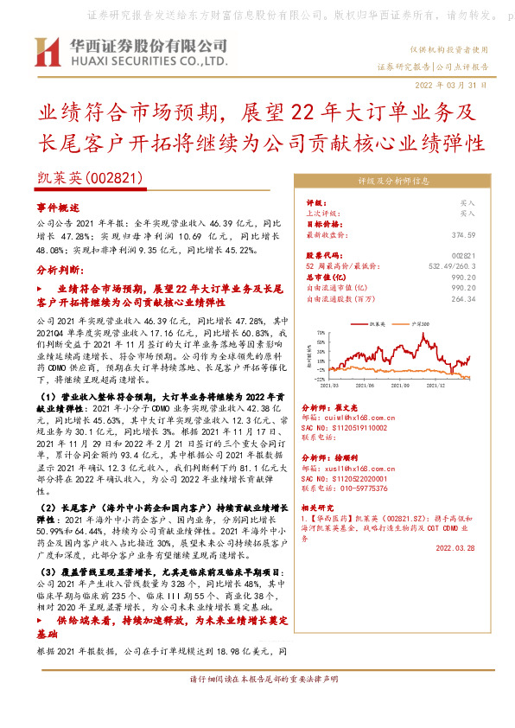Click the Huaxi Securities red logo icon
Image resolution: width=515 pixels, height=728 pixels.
pyautogui.click(x=45, y=51)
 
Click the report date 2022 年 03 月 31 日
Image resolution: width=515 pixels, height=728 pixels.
pyautogui.click(x=451, y=86)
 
